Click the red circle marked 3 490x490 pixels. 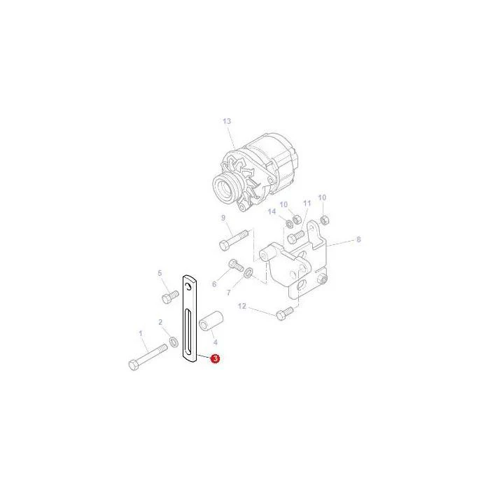[x=215, y=358]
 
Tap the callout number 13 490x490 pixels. [x=227, y=121]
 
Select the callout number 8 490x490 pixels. [x=358, y=239]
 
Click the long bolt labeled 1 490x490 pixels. [x=148, y=357]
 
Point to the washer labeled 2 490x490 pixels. [x=174, y=342]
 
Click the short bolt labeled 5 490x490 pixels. [x=170, y=297]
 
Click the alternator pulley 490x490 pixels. [x=225, y=187]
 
